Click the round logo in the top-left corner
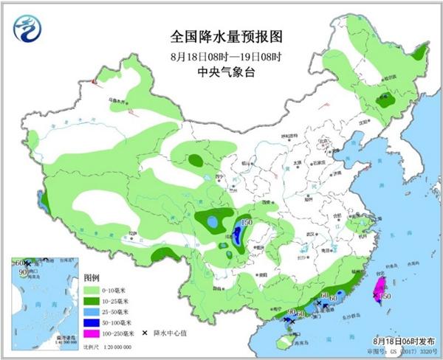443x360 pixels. click(x=27, y=27)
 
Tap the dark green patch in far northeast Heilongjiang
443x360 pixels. click(x=421, y=53)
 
